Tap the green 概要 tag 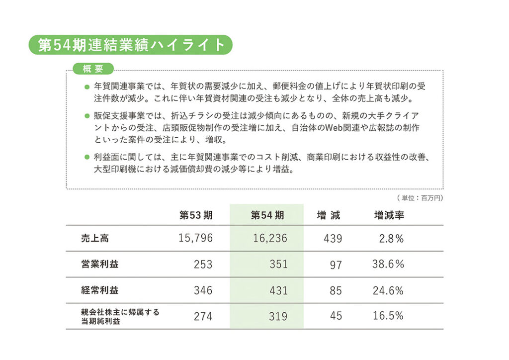[x=93, y=69]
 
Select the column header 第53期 [x=196, y=215]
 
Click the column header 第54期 [x=267, y=215]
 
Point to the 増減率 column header [x=389, y=215]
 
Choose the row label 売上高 [x=95, y=238]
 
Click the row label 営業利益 [x=100, y=264]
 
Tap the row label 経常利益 [x=100, y=290]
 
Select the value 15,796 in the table [x=195, y=239]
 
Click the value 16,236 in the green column [x=270, y=239]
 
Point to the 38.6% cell [x=388, y=265]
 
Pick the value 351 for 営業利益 [x=278, y=265]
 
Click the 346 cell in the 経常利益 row [x=203, y=290]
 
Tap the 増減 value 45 [x=336, y=316]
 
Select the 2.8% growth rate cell [x=391, y=239]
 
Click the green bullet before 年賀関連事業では [x=87, y=87]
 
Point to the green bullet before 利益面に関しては [x=87, y=158]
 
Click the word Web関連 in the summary [x=338, y=128]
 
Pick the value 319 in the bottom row [x=278, y=316]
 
